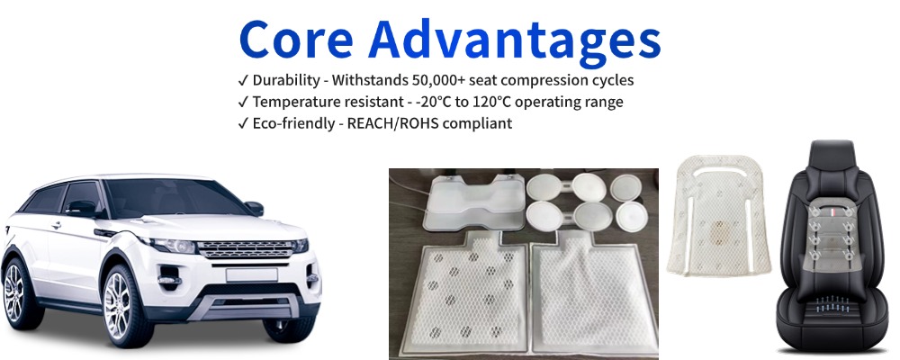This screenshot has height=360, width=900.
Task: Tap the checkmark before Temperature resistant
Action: pos(244,102)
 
